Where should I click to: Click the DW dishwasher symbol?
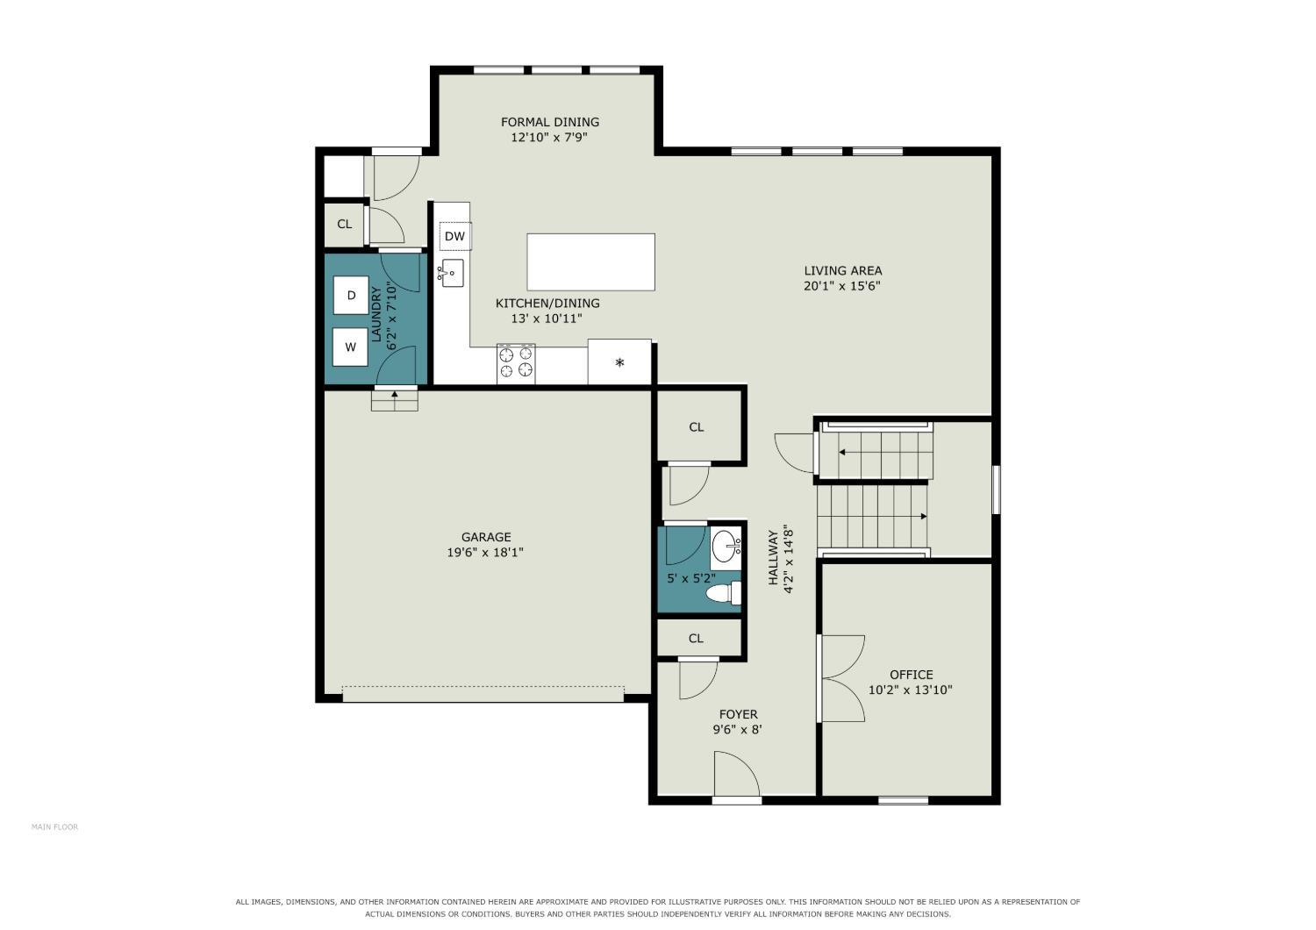(x=455, y=236)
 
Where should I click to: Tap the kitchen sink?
(x=451, y=273)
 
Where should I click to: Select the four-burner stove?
(x=516, y=362)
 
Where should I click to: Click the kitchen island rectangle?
(x=590, y=262)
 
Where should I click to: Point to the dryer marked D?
(x=351, y=295)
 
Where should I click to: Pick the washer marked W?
(x=350, y=347)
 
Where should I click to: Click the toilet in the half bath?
(x=723, y=593)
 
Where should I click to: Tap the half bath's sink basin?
(x=726, y=547)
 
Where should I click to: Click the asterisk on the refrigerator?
(x=619, y=362)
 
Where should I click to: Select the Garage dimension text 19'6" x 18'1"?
(x=484, y=552)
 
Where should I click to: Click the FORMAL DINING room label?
(x=550, y=122)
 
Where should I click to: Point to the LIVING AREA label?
(x=842, y=271)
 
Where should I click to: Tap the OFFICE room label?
(x=911, y=675)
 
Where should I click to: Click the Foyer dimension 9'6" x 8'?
(x=737, y=730)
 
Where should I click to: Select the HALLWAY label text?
(x=773, y=557)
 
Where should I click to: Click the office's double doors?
(x=840, y=678)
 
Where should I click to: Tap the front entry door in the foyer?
(x=737, y=776)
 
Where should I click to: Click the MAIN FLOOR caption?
(x=54, y=827)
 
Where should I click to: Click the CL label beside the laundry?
(x=344, y=224)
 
